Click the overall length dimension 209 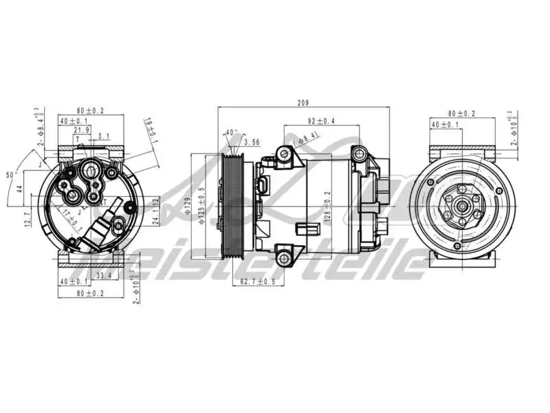[x=302, y=103]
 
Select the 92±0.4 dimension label [x=321, y=121]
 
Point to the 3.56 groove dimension [x=252, y=142]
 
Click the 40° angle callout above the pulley [x=231, y=133]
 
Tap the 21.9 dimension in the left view [x=81, y=130]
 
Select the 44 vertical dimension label [x=20, y=187]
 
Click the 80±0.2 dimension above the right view [x=462, y=113]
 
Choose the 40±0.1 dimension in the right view [x=445, y=125]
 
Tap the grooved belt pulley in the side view [x=233, y=204]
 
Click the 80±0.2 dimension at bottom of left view [x=90, y=293]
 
